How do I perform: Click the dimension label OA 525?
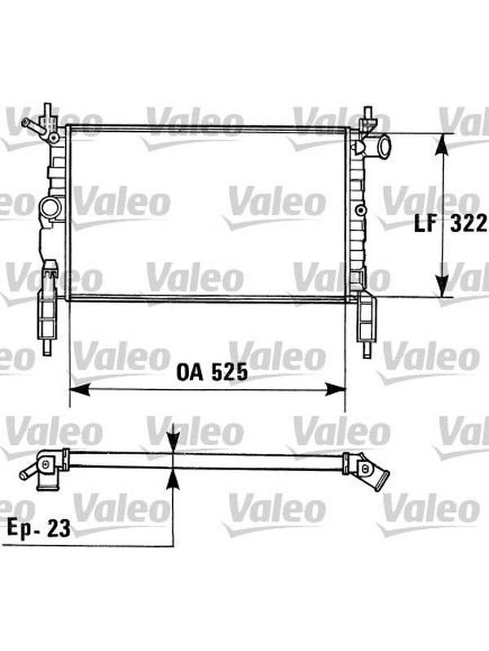[x=212, y=372]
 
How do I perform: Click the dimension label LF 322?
[x=451, y=225]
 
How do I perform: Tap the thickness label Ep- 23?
[x=38, y=528]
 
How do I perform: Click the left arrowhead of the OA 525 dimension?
[x=79, y=390]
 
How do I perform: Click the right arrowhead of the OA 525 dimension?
[x=335, y=390]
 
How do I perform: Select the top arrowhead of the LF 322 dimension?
[x=444, y=145]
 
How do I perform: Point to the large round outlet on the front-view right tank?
[x=381, y=146]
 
